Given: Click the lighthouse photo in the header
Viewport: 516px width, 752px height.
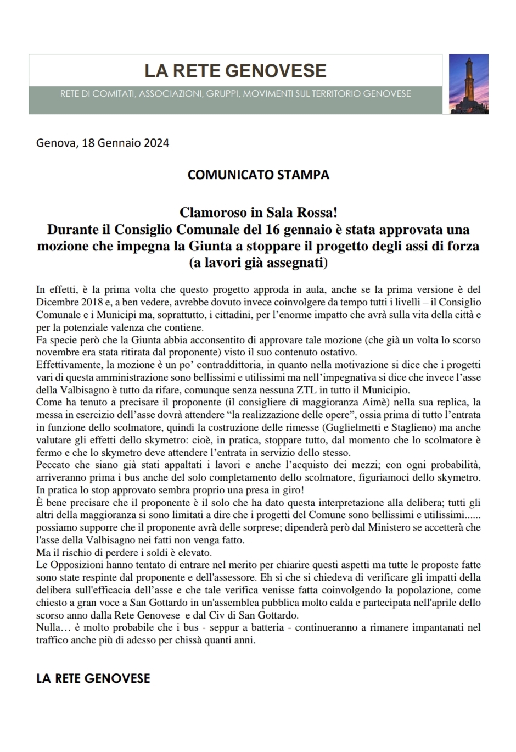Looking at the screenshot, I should [468, 83].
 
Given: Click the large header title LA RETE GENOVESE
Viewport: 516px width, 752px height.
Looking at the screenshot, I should [235, 70].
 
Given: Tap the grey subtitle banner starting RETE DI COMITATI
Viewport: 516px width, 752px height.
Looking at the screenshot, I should [235, 94].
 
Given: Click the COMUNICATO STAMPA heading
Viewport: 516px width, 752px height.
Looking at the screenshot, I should [258, 175].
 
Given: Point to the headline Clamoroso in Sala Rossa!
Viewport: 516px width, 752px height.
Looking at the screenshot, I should [258, 212].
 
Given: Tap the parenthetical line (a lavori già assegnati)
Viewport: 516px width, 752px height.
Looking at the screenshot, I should [258, 263].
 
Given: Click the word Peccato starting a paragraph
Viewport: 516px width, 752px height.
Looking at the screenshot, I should [54, 465].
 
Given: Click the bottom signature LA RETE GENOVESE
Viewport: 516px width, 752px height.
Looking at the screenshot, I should [93, 678].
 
